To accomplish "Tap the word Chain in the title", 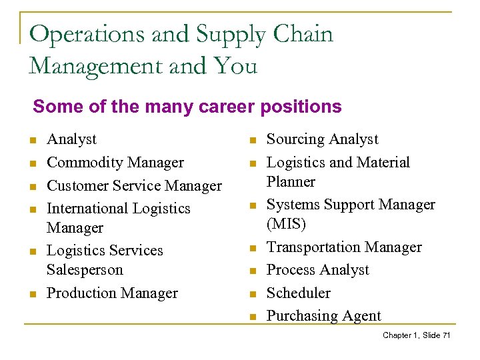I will click(301, 34).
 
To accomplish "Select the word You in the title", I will click(235, 66).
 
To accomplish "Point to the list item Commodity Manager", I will click(115, 163).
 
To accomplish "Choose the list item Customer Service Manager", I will click(134, 185).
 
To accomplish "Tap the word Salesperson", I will click(85, 270).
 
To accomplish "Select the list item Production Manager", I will click(112, 293).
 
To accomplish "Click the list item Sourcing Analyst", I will click(322, 139).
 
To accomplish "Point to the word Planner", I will click(291, 181).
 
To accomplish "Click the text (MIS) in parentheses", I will click(287, 223).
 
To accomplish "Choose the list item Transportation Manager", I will click(344, 247).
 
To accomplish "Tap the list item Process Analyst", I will click(317, 270).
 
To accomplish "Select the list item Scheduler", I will click(298, 293).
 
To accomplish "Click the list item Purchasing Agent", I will click(324, 316).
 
